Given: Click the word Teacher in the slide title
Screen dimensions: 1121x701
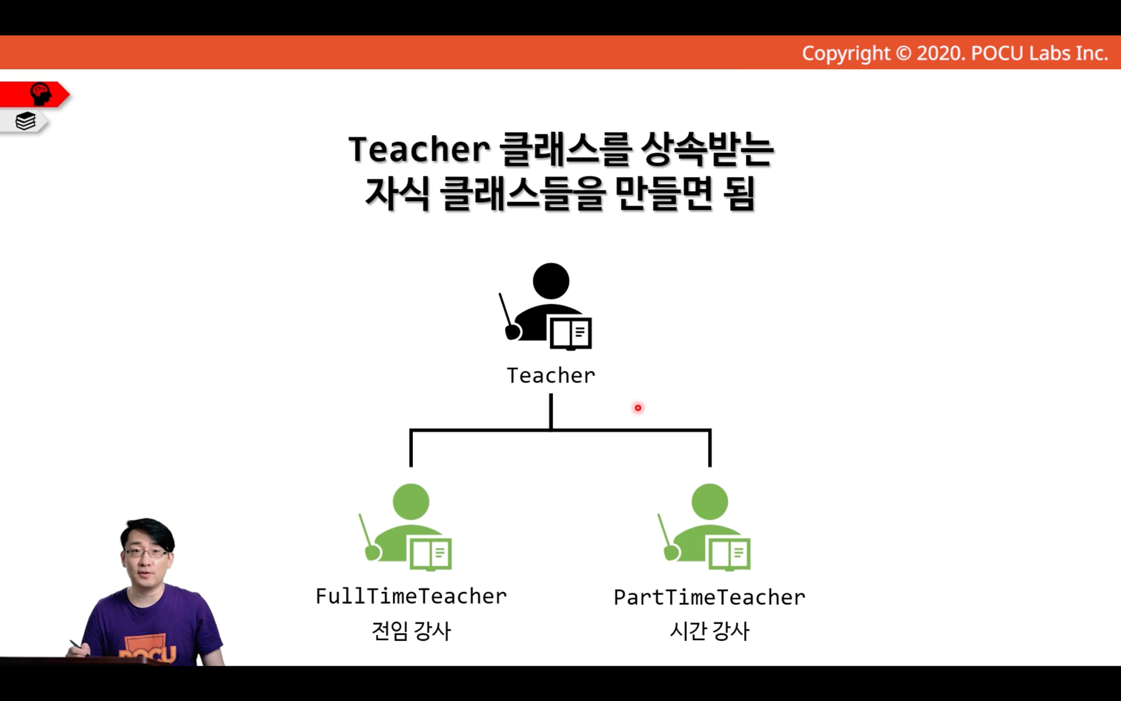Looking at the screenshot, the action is click(418, 148).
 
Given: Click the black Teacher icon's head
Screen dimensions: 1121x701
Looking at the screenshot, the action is click(551, 281).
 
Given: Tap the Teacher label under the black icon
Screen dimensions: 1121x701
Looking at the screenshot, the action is click(551, 375).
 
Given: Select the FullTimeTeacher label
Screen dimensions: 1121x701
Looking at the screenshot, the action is click(411, 596).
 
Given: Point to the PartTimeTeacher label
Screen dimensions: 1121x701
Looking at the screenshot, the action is click(710, 597).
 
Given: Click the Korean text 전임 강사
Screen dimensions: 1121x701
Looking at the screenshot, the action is click(411, 631).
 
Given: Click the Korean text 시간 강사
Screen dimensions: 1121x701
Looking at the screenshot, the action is click(710, 631).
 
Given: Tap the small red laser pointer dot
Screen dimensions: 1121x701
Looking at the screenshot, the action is click(638, 408).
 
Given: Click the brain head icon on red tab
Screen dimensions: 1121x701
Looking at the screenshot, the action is click(41, 93).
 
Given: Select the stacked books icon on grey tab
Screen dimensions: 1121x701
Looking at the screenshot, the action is click(25, 121).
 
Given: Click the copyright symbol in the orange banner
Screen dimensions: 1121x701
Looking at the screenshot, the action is click(903, 53).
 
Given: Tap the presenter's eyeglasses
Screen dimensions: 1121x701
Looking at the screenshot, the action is click(145, 553).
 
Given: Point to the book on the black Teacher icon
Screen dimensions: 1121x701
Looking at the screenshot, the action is click(571, 333).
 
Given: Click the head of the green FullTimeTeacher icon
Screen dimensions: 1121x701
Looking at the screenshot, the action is click(411, 501).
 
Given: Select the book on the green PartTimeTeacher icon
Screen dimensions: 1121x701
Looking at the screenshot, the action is click(729, 554).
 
